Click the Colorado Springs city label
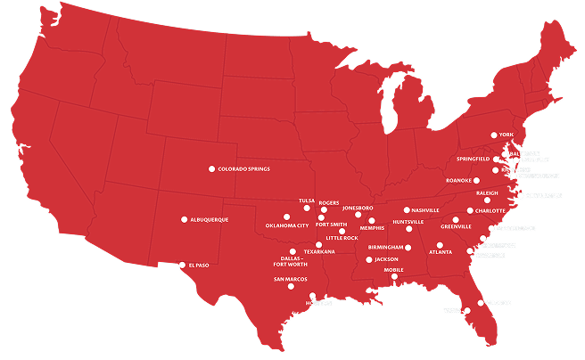(x=243, y=168)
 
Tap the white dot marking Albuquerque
(x=185, y=219)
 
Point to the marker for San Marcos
(x=291, y=286)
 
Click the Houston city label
(x=318, y=303)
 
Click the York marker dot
(x=492, y=135)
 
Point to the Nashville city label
(x=425, y=210)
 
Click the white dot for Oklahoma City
(x=286, y=217)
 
